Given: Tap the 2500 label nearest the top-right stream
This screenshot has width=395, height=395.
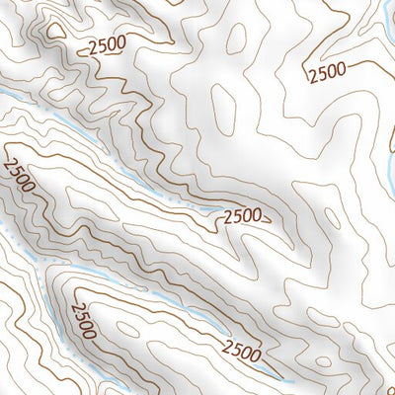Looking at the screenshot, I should point(326,70).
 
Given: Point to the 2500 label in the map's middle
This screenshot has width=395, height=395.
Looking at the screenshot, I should point(243,215).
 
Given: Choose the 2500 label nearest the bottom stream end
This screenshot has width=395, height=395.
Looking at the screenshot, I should point(242,350).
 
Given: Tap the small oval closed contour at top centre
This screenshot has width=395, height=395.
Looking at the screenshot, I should point(236,38).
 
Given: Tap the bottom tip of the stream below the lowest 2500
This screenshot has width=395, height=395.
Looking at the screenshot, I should point(292,380).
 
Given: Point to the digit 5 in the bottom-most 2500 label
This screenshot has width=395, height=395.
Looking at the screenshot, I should point(237,349).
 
